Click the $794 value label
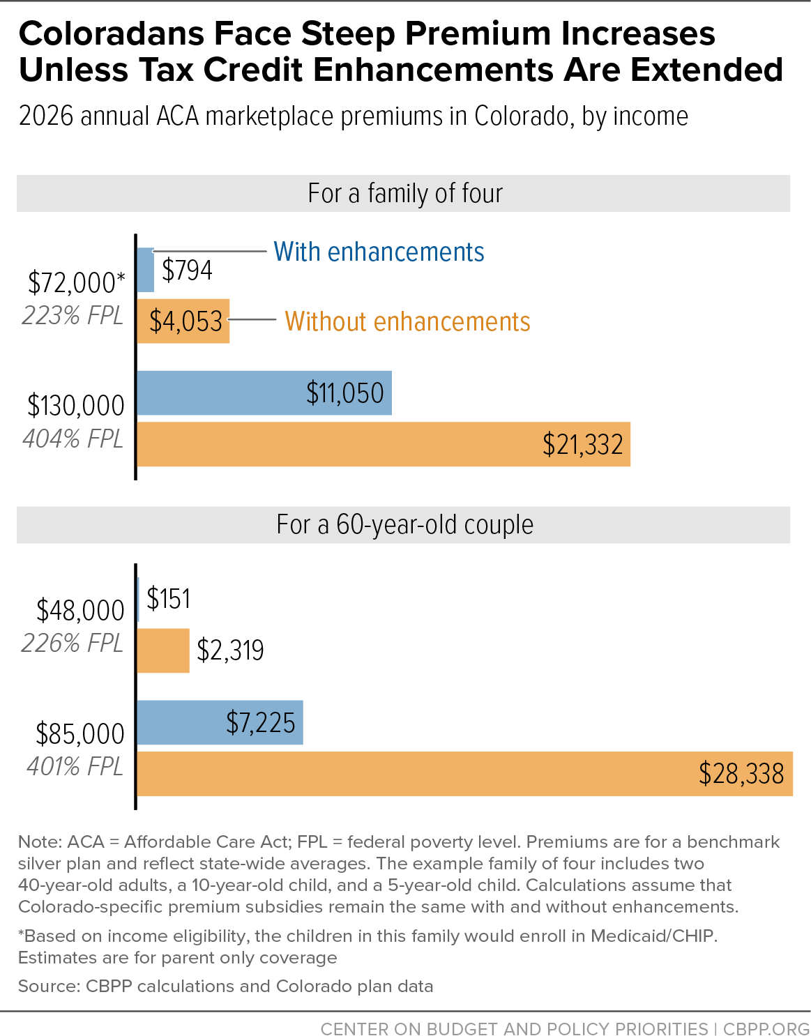pos(187,270)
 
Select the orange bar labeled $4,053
pos(183,321)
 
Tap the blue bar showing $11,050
pos(264,393)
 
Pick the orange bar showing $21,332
pos(383,444)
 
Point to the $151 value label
pos(168,599)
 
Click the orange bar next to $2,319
pos(163,650)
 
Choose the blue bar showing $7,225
pos(220,723)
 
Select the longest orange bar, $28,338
pos(464,774)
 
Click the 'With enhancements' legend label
pos(379,252)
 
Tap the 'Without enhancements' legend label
pos(407,321)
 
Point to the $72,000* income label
pos(76,283)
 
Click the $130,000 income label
pos(75,406)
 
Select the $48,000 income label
pos(80,611)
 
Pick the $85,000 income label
pos(80,734)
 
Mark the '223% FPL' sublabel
pos(73,316)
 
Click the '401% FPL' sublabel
pos(75,767)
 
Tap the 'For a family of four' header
pos(404,193)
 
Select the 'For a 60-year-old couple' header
pos(404,524)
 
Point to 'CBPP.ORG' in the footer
pos(766,1029)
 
